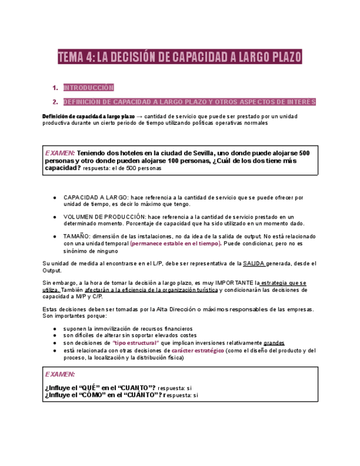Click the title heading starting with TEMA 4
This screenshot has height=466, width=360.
click(x=180, y=57)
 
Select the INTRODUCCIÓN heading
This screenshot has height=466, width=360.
click(x=88, y=87)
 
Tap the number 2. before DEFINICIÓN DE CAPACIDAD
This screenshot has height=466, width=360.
click(x=55, y=102)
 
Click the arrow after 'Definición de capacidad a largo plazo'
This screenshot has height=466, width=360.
click(x=139, y=116)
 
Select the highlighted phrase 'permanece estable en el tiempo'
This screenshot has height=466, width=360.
click(x=176, y=243)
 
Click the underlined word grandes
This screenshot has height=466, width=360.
click(x=274, y=343)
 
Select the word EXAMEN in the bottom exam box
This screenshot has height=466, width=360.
click(x=60, y=374)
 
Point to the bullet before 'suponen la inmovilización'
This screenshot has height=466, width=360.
click(x=54, y=329)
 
